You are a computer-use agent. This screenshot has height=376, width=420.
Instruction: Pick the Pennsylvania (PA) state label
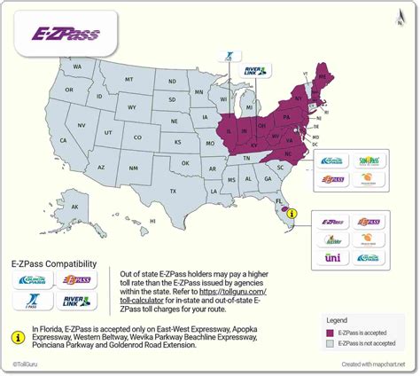[x=287, y=115]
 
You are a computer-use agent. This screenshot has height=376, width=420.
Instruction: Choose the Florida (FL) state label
[x=278, y=201]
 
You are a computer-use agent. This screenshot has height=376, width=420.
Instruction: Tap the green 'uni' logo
[x=333, y=257]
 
